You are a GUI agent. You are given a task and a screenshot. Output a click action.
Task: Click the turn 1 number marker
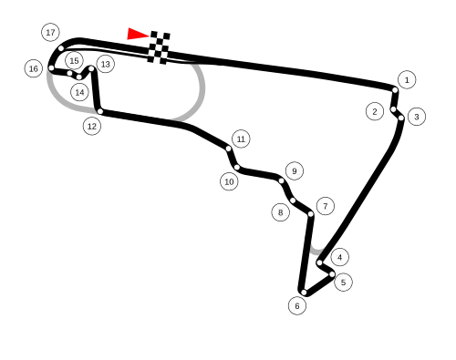click(x=407, y=79)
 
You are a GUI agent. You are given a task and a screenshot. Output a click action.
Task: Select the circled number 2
click(x=375, y=111)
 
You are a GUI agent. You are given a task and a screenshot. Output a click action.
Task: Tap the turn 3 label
click(x=416, y=117)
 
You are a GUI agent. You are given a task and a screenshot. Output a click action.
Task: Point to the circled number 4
click(x=339, y=257)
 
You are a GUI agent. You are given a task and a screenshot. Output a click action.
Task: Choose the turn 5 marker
click(x=343, y=283)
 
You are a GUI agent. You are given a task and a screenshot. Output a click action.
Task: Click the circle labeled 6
click(x=297, y=305)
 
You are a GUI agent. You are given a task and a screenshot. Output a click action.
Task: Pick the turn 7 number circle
click(x=325, y=206)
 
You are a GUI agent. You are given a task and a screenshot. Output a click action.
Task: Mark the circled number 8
click(x=281, y=212)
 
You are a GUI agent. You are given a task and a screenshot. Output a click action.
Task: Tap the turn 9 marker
click(x=294, y=170)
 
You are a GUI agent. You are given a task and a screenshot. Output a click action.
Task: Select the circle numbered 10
click(x=229, y=181)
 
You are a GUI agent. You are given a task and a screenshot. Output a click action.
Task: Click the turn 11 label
click(x=241, y=139)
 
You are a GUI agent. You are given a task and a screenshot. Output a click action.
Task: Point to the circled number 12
click(x=92, y=126)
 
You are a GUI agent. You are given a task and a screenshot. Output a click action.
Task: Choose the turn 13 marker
click(x=105, y=64)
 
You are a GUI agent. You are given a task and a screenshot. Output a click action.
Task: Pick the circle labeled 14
click(x=79, y=92)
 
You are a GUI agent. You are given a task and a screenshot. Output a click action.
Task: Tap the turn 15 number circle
click(x=74, y=60)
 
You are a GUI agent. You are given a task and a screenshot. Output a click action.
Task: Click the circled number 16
click(x=34, y=68)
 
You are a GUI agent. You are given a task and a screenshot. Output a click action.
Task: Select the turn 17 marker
click(x=50, y=33)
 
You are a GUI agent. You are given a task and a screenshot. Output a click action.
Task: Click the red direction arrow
click(x=136, y=35)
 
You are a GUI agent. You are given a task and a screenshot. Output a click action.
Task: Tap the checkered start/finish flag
click(x=160, y=47)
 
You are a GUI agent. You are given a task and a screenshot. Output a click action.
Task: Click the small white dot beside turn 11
click(x=228, y=149)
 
